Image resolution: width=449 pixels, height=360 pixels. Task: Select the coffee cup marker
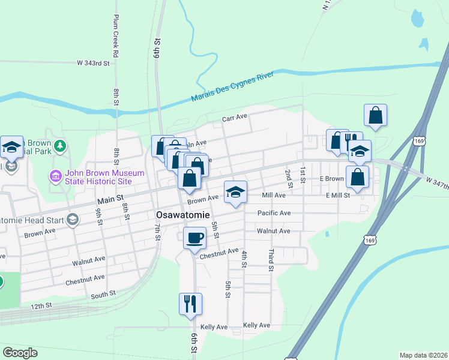point(194,238)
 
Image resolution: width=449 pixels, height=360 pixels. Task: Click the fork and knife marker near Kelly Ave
point(190,304)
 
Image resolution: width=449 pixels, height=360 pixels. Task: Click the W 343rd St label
point(94,62)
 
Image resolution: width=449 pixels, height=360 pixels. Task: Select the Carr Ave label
point(235,118)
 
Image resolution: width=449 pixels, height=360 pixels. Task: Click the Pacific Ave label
point(274,213)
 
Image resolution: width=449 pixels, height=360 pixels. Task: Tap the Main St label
point(111,196)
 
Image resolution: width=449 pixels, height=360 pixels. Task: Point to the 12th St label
point(41,306)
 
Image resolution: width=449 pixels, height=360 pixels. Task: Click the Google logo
point(20,353)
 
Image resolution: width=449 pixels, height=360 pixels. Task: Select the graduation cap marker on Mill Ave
point(235,192)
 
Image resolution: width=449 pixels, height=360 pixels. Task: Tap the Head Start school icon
point(73,219)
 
